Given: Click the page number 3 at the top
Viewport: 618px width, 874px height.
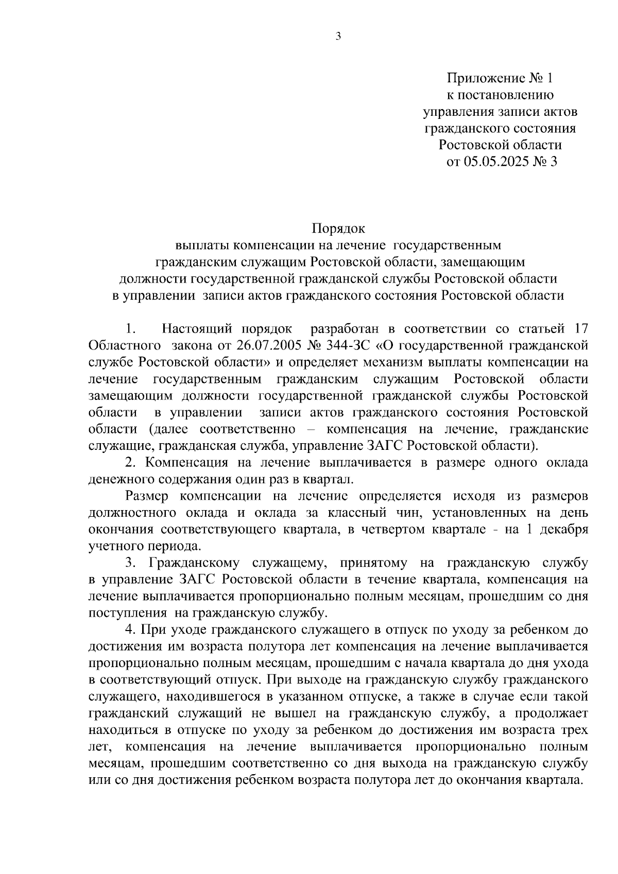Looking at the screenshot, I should pyautogui.click(x=338, y=37).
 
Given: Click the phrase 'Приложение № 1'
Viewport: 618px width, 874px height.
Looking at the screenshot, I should pyautogui.click(x=499, y=78).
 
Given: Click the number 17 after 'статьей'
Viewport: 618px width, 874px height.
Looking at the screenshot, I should pyautogui.click(x=580, y=328).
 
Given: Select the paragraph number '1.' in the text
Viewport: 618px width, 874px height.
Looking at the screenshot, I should pyautogui.click(x=130, y=328).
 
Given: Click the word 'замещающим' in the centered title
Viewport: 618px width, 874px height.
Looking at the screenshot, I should pyautogui.click(x=483, y=261).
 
